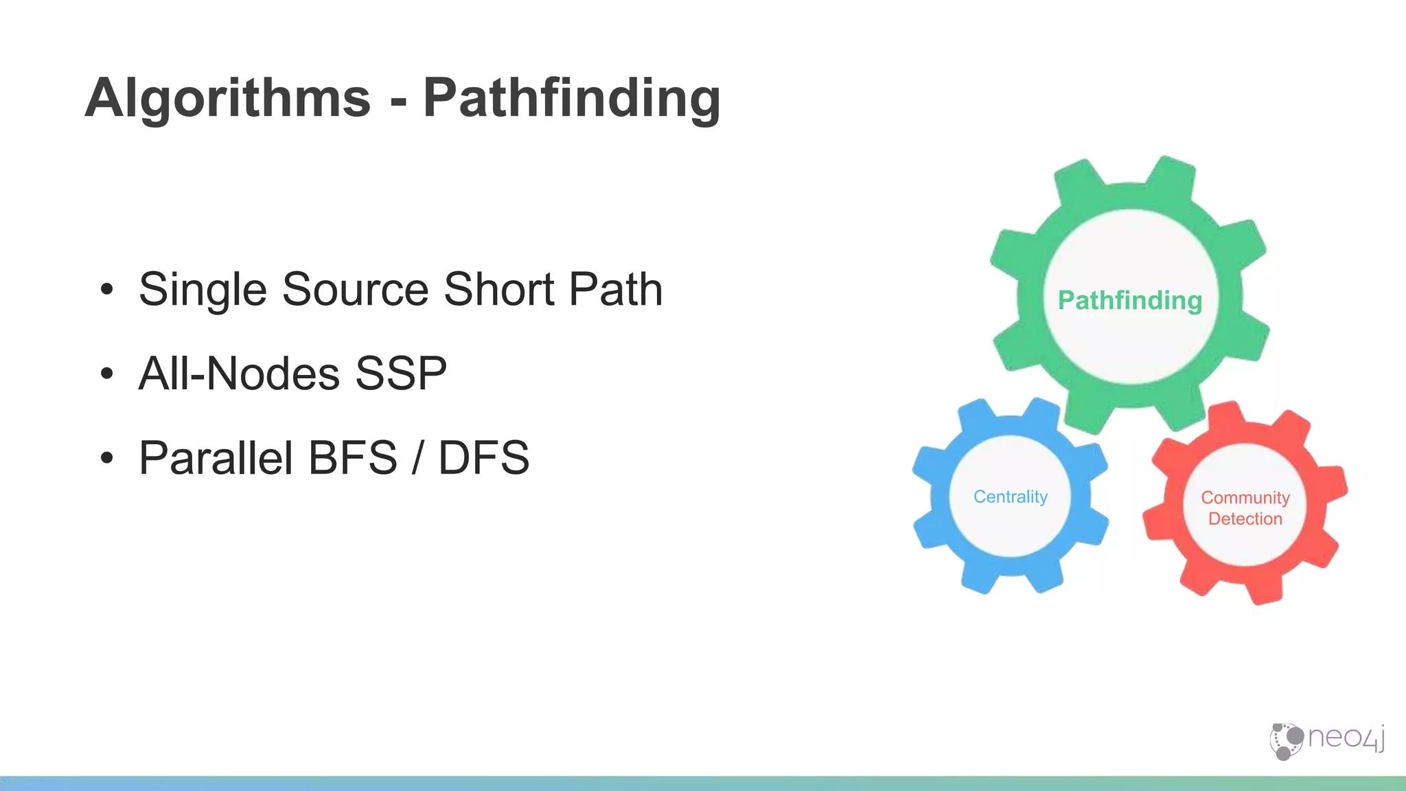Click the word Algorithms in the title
[227, 99]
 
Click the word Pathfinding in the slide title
[571, 99]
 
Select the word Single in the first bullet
[203, 290]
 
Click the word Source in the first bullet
[356, 290]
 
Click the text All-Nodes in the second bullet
[239, 374]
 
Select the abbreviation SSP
[401, 374]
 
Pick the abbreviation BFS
[353, 458]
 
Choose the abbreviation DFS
[484, 458]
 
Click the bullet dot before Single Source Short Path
[106, 290]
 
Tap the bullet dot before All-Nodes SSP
[106, 374]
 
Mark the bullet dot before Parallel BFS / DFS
[106, 458]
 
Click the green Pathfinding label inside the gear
[1130, 301]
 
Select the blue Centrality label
[1011, 496]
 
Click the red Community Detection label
[1245, 508]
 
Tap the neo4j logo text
[1346, 738]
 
